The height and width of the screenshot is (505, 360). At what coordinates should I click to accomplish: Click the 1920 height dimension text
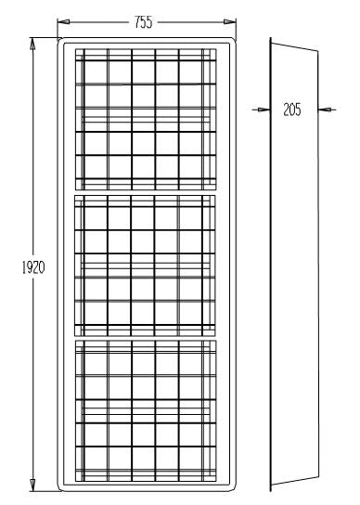click(33, 266)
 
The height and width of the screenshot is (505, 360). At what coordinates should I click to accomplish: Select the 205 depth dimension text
click(292, 110)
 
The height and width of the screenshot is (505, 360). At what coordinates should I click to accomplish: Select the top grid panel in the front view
click(145, 115)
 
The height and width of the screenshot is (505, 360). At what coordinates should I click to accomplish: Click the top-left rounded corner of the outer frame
click(61, 41)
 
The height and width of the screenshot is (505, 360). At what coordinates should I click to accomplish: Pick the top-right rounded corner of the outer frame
click(232, 41)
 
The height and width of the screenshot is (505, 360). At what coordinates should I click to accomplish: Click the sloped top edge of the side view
click(295, 44)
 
